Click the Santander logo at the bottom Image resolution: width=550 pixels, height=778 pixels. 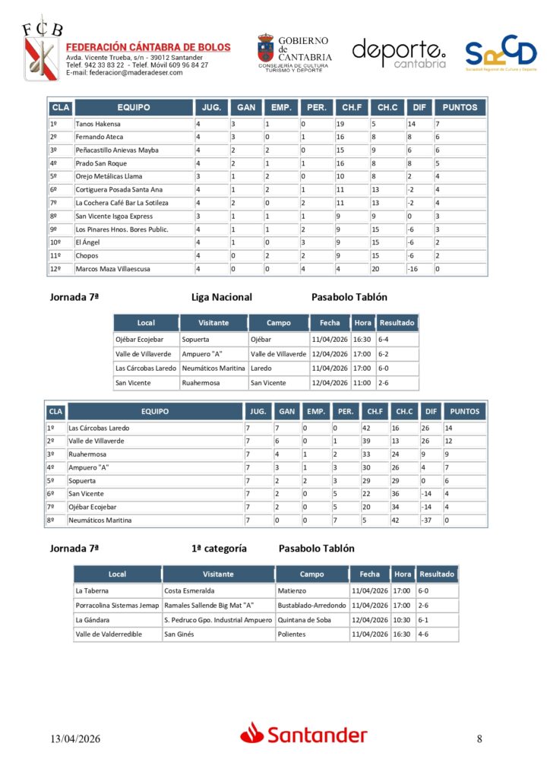coord(304,734)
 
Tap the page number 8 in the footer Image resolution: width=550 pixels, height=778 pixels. coord(479,738)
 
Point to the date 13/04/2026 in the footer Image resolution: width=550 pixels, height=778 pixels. coord(76,738)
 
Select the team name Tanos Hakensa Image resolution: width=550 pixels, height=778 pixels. coord(98,124)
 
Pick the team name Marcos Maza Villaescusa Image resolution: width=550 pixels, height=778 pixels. coord(112,269)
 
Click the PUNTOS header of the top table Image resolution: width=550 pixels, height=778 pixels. coord(460,108)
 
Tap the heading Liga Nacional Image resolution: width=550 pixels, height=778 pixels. coord(222,297)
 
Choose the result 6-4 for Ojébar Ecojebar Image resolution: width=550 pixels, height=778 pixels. coord(384,340)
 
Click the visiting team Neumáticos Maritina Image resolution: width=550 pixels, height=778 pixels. coord(213,368)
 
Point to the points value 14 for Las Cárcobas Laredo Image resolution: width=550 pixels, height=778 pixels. coord(450,428)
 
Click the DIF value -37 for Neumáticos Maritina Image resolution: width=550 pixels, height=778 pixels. coord(428,520)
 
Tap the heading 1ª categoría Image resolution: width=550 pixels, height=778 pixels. coord(220,548)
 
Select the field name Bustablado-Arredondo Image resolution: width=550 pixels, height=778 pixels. coord(311,606)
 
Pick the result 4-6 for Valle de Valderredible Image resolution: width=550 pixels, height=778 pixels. coord(424,634)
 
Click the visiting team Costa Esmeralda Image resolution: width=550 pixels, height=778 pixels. coord(189,590)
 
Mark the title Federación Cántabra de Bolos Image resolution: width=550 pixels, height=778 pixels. coord(148,47)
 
